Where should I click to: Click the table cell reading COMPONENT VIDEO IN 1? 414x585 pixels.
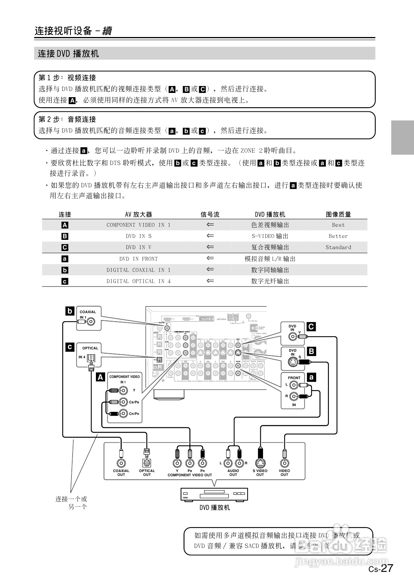[x=138, y=225]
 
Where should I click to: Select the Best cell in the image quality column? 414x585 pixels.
[x=338, y=225]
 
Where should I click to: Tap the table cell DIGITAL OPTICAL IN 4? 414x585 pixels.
[x=138, y=281]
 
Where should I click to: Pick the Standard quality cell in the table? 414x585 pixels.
[x=338, y=247]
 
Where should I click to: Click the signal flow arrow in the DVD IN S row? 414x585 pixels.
[x=210, y=236]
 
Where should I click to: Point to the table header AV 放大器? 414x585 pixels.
[x=138, y=214]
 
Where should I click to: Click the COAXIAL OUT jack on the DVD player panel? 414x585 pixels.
[x=121, y=463]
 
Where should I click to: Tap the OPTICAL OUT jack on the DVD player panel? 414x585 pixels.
[x=147, y=463]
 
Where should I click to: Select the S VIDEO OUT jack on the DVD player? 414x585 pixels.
[x=260, y=463]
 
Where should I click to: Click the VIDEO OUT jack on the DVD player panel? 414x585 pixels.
[x=284, y=463]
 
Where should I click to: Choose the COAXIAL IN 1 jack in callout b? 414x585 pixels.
[x=91, y=321]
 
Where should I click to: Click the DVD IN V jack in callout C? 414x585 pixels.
[x=293, y=336]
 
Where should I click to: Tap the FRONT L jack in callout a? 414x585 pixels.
[x=294, y=385]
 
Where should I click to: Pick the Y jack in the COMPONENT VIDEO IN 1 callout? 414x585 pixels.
[x=123, y=390]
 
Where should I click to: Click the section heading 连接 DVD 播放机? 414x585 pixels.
[x=69, y=54]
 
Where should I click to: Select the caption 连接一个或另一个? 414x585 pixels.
[x=72, y=503]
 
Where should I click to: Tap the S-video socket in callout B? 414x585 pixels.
[x=293, y=362]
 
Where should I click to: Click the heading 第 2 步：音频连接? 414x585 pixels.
[x=67, y=120]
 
